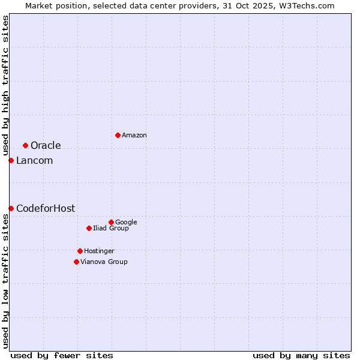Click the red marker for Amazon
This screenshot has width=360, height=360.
coord(118,135)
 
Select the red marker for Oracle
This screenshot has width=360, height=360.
coord(25,145)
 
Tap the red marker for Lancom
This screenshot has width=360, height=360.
coord(11,160)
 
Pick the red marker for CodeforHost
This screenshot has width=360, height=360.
coord(11,208)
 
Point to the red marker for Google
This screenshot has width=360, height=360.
coord(111,222)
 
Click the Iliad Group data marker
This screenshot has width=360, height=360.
coord(89,228)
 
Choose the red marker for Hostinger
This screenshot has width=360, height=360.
coord(80,251)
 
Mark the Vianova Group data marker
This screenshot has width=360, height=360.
coord(76,262)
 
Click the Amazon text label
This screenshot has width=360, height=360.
coord(134,136)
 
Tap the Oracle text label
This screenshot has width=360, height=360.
coord(46,146)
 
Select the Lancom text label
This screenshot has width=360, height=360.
coord(34,161)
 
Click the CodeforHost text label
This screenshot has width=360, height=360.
coord(46,209)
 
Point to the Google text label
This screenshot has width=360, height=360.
coord(126,223)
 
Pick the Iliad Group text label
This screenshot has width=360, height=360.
coord(111,229)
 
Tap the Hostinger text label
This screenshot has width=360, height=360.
coord(99,251)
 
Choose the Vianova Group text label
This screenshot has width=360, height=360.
coord(104,262)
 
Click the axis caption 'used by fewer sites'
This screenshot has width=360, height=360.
coord(62,355)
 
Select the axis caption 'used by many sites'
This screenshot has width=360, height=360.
coord(301,355)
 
